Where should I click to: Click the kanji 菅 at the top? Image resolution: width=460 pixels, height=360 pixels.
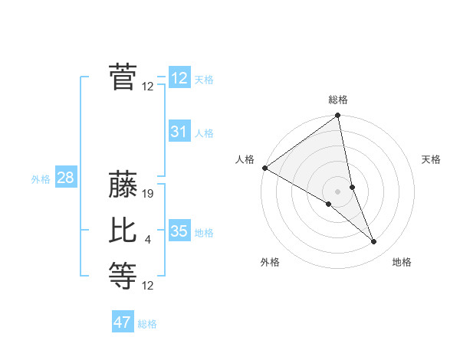pyautogui.click(x=123, y=77)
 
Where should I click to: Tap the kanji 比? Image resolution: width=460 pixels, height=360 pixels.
pyautogui.click(x=123, y=231)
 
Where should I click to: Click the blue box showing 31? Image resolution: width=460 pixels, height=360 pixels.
pyautogui.click(x=179, y=132)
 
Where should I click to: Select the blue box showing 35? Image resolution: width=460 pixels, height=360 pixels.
pyautogui.click(x=179, y=231)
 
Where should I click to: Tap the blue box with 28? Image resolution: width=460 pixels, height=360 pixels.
pyautogui.click(x=65, y=178)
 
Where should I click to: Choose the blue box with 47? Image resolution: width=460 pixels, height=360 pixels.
pyautogui.click(x=123, y=322)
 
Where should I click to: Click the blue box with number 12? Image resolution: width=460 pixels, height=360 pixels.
pyautogui.click(x=179, y=78)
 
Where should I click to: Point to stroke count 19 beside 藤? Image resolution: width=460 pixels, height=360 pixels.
pyautogui.click(x=149, y=194)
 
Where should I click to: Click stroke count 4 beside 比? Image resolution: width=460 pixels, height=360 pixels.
pyautogui.click(x=148, y=240)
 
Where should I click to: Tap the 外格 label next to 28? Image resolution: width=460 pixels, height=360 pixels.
pyautogui.click(x=41, y=179)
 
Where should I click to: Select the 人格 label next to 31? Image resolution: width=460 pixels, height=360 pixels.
pyautogui.click(x=204, y=133)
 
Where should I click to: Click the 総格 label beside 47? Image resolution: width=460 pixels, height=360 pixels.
pyautogui.click(x=147, y=324)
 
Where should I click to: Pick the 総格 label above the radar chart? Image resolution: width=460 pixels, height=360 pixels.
pyautogui.click(x=338, y=100)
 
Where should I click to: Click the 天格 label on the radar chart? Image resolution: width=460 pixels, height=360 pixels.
pyautogui.click(x=432, y=159)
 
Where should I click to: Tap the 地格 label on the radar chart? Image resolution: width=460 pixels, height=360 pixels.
pyautogui.click(x=402, y=262)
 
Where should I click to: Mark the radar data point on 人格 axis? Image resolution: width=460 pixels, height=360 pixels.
pyautogui.click(x=264, y=168)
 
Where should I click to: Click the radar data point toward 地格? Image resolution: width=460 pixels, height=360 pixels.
pyautogui.click(x=374, y=242)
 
